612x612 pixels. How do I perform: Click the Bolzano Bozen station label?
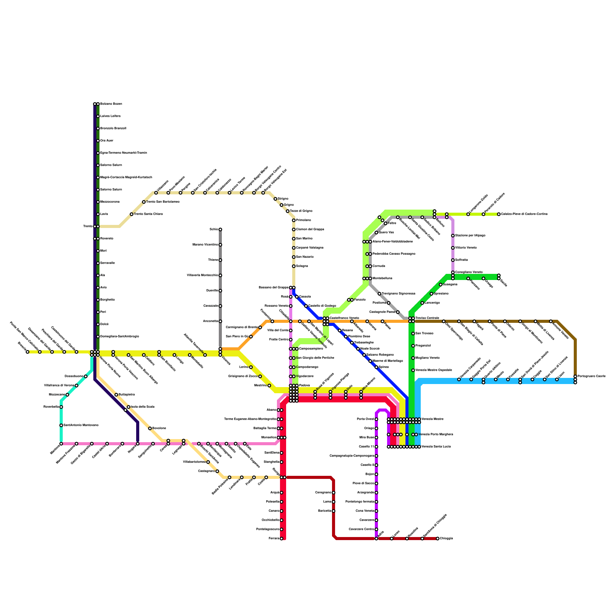[x=111, y=104]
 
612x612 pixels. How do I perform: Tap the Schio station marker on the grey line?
[x=220, y=229]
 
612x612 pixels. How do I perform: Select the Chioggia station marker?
[x=438, y=539]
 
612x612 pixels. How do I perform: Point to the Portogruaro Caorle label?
[x=591, y=376]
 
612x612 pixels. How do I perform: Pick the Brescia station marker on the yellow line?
[x=28, y=352]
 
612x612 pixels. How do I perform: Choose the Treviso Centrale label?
[x=427, y=318]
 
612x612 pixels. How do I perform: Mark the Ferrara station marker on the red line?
[x=282, y=539]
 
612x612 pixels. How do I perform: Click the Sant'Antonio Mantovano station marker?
[x=61, y=425]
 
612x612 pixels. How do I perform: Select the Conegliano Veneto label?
[x=469, y=272]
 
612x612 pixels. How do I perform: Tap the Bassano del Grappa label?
[x=273, y=288]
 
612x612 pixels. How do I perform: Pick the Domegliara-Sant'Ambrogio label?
[x=119, y=337]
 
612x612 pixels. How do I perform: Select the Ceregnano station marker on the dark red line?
[x=334, y=493]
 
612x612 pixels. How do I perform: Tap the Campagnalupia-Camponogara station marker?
[x=376, y=456]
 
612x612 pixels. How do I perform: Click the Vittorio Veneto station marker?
[x=453, y=248]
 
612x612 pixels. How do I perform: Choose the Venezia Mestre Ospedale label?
[x=434, y=370]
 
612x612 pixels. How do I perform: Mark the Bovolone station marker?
[x=150, y=428]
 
